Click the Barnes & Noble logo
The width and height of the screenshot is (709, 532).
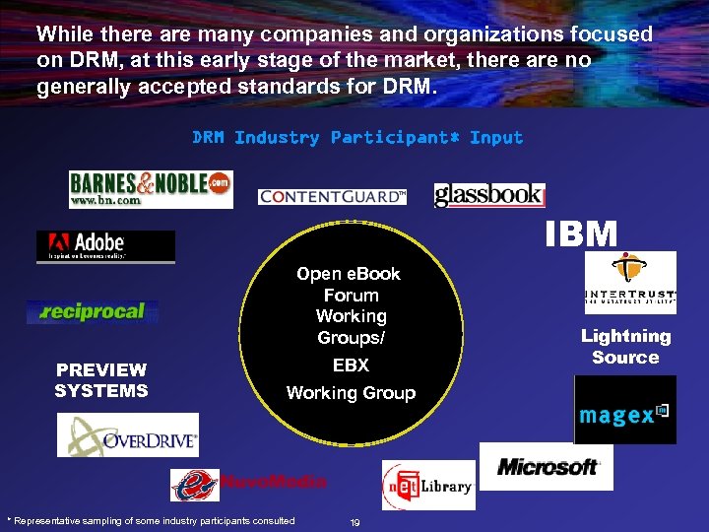pos(150,187)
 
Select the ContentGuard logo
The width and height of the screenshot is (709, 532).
pos(332,197)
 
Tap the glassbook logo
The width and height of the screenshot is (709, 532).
pos(489,195)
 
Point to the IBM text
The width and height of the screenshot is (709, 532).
pos(583,233)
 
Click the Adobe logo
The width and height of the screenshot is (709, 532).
pos(105,246)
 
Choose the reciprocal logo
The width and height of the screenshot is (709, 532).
pos(93,312)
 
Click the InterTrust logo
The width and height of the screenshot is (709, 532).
pos(630,283)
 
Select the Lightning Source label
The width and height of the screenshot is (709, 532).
pos(625,347)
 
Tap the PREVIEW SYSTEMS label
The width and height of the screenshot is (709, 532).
pos(100,379)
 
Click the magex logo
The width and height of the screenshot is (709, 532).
pos(624,411)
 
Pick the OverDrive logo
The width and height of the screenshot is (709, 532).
pos(128,434)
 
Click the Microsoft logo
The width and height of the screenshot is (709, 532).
pos(547,466)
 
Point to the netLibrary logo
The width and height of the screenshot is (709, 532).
pos(428,486)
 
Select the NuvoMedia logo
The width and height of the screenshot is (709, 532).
pos(248,484)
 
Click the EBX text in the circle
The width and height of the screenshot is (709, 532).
pos(351,366)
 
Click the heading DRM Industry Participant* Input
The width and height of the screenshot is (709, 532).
pos(357,138)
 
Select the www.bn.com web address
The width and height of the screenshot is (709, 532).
pos(104,200)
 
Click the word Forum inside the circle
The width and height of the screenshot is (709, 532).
pos(351,295)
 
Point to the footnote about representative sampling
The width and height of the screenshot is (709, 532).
pos(151,520)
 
